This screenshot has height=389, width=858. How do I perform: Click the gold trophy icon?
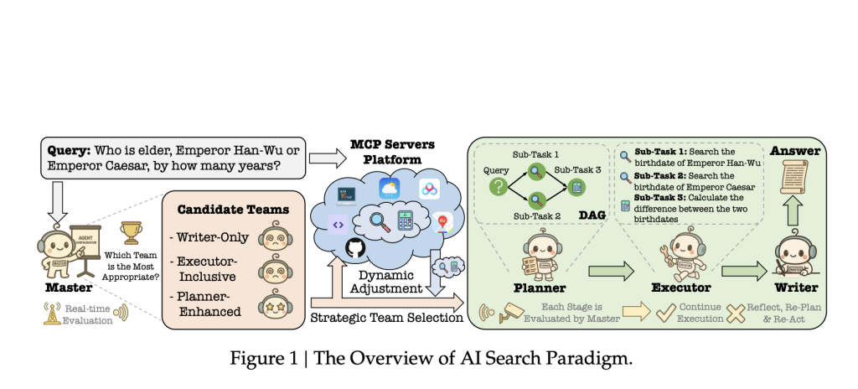[131, 230]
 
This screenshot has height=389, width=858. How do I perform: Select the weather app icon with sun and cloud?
[389, 189]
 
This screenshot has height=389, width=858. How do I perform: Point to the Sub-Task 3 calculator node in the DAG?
[576, 186]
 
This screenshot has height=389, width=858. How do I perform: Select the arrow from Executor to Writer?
[743, 271]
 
